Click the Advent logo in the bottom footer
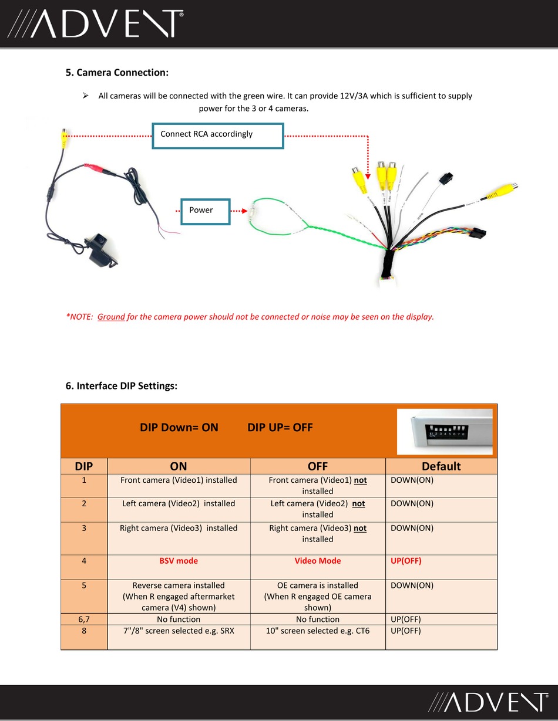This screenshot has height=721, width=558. pyautogui.click(x=487, y=702)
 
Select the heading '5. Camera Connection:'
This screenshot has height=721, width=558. pyautogui.click(x=117, y=73)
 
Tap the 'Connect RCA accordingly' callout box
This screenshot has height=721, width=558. pyautogui.click(x=217, y=136)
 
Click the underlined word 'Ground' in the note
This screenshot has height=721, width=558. pyautogui.click(x=111, y=317)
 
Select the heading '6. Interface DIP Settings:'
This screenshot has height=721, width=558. pyautogui.click(x=121, y=385)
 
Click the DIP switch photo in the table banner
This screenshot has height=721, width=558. pyautogui.click(x=445, y=431)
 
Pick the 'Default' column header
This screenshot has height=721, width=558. pyautogui.click(x=441, y=466)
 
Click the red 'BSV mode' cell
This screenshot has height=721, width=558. pyautogui.click(x=179, y=561)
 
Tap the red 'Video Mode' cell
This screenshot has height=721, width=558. pyautogui.click(x=317, y=561)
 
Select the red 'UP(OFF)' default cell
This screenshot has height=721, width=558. pyautogui.click(x=406, y=561)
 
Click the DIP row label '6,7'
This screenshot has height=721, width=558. pyautogui.click(x=84, y=619)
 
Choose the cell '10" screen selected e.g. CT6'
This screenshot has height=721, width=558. pyautogui.click(x=317, y=631)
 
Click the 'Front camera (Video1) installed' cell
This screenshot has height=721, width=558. pyautogui.click(x=179, y=480)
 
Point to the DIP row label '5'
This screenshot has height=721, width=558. pyautogui.click(x=84, y=585)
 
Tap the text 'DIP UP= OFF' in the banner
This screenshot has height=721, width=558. pyautogui.click(x=280, y=427)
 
